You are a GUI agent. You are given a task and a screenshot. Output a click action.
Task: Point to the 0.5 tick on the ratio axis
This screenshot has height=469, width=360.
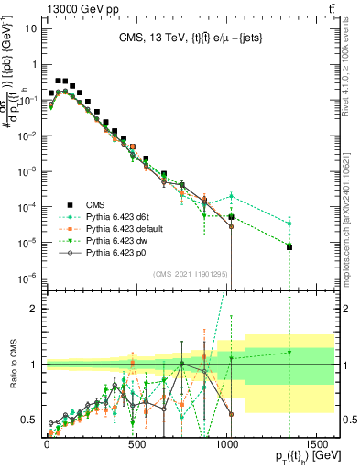[28, 420]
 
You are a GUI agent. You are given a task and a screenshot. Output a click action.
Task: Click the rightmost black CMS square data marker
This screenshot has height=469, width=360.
[315, 247]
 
